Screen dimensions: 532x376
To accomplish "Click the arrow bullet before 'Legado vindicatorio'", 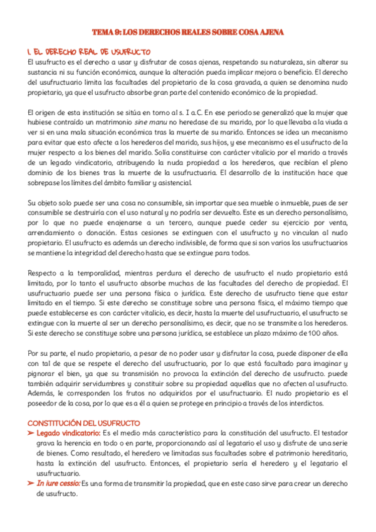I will [31, 434].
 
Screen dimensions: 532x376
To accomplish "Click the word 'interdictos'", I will [303, 403].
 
